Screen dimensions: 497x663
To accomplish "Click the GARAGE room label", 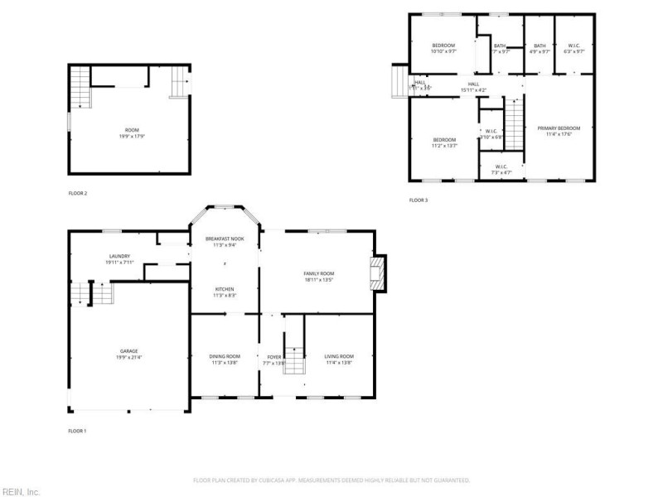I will click(x=128, y=351).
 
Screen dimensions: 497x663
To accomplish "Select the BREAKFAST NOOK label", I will click(x=225, y=239).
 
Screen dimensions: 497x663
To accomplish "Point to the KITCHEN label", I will click(x=225, y=289).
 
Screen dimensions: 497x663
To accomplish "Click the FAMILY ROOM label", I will click(x=318, y=273).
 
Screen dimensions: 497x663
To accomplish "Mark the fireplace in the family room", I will click(x=379, y=274).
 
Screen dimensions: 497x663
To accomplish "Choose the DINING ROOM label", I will click(x=225, y=356).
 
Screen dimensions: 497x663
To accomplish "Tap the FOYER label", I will click(x=273, y=356).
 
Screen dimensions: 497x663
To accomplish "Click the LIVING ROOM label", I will click(x=340, y=356).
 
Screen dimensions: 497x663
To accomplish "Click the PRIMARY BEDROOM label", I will click(x=559, y=128).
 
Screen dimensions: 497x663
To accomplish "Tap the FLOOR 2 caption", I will click(x=78, y=193).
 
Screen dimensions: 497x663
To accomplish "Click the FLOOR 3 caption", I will click(x=419, y=200).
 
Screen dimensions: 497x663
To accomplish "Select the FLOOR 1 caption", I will click(x=77, y=431).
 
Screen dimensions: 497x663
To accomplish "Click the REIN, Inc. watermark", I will click(x=20, y=491).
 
